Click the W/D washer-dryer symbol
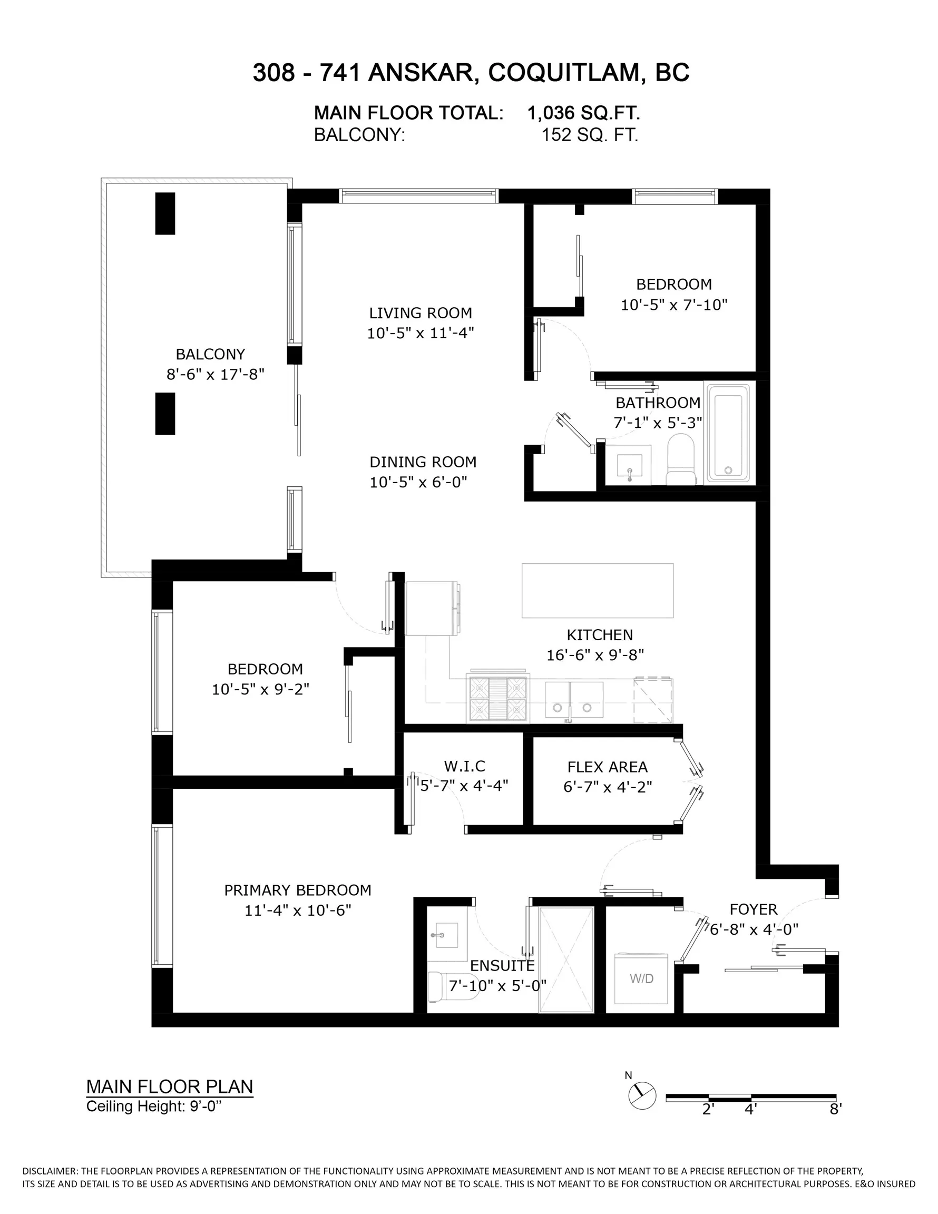(641, 978)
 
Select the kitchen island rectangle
(597, 590)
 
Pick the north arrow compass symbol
(642, 1095)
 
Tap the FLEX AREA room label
(607, 767)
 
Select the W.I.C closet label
(464, 766)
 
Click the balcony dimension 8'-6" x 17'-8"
(215, 374)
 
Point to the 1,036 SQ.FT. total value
(583, 113)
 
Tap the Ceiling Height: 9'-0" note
(153, 1106)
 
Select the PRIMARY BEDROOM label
(297, 890)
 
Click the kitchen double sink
(574, 700)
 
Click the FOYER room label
(754, 909)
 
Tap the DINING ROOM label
(423, 462)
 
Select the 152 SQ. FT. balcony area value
(589, 135)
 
